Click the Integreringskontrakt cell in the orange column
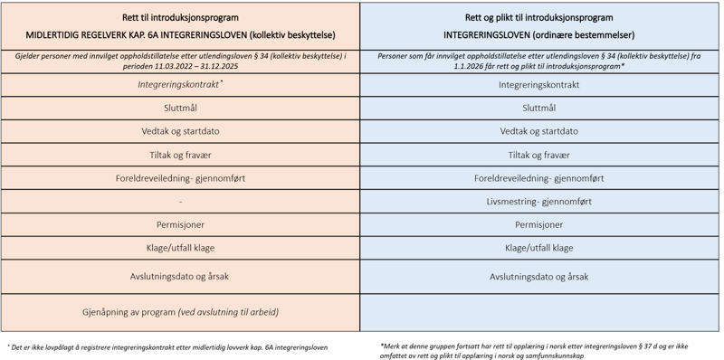[x=180, y=84]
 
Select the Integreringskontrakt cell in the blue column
[x=538, y=85]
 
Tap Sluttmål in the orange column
[x=180, y=108]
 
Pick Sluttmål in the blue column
[x=538, y=108]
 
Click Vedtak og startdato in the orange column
[x=180, y=131]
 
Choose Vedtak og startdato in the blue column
[x=538, y=131]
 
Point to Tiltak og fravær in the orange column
[x=180, y=155]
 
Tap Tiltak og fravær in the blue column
[x=538, y=155]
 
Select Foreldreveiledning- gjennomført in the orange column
[x=180, y=178]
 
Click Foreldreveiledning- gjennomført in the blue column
[x=538, y=178]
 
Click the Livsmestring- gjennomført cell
[x=538, y=201]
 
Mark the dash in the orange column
[x=180, y=201]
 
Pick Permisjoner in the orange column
[x=180, y=224]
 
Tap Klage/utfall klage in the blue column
[x=538, y=248]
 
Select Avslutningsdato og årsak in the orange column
[x=180, y=276]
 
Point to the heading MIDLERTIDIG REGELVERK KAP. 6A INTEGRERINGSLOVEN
[x=180, y=35]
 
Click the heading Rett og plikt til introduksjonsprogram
[x=540, y=17]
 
